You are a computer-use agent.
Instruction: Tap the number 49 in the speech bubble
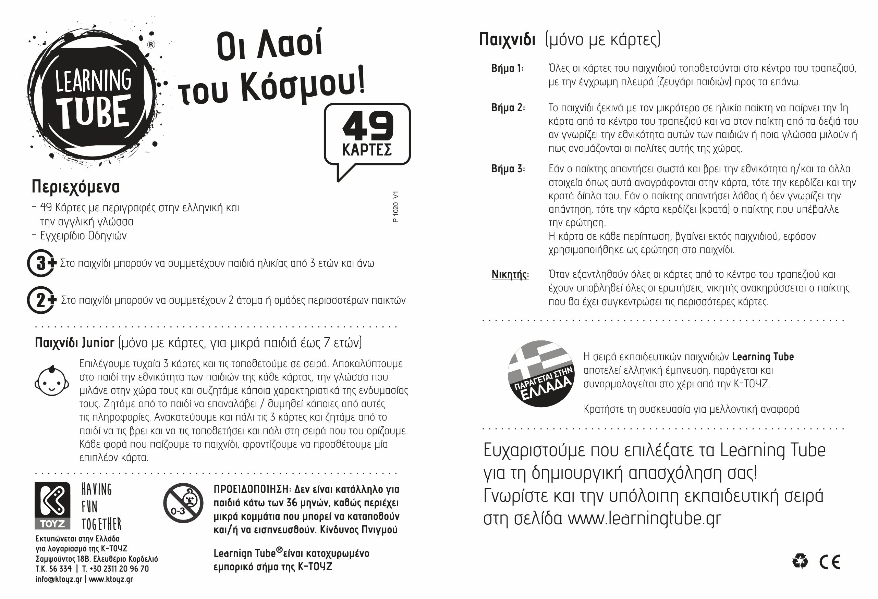point(368,126)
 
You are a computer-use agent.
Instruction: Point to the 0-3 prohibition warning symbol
point(183,503)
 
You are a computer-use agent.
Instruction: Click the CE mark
point(830,562)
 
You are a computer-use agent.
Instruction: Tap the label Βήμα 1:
point(508,69)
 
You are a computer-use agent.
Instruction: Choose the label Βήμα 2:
point(508,108)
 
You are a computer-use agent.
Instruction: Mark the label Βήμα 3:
point(508,169)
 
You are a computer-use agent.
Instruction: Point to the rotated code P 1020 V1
point(395,207)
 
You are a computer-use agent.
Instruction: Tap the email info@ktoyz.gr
point(59,579)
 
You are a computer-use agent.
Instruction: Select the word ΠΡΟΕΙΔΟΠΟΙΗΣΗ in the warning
point(252,489)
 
